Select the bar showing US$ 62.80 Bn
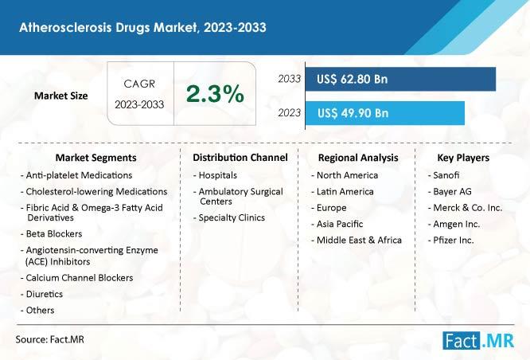400,80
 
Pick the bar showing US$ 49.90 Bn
384,113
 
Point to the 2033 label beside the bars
289,80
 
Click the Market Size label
61,96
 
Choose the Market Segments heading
95,158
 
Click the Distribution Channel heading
240,158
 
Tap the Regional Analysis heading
358,158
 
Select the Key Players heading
463,158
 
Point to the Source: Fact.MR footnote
50,340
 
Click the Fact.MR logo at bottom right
481,341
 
